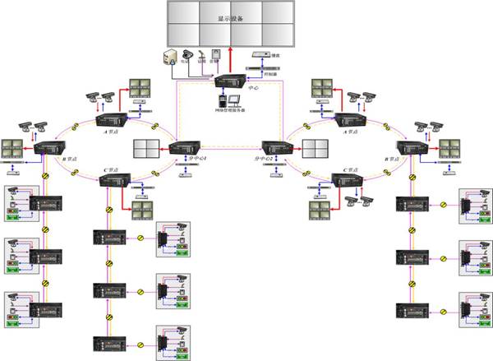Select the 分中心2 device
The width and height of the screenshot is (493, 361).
coord(273,149)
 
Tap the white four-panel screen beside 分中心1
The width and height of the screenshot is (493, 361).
coord(149,150)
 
